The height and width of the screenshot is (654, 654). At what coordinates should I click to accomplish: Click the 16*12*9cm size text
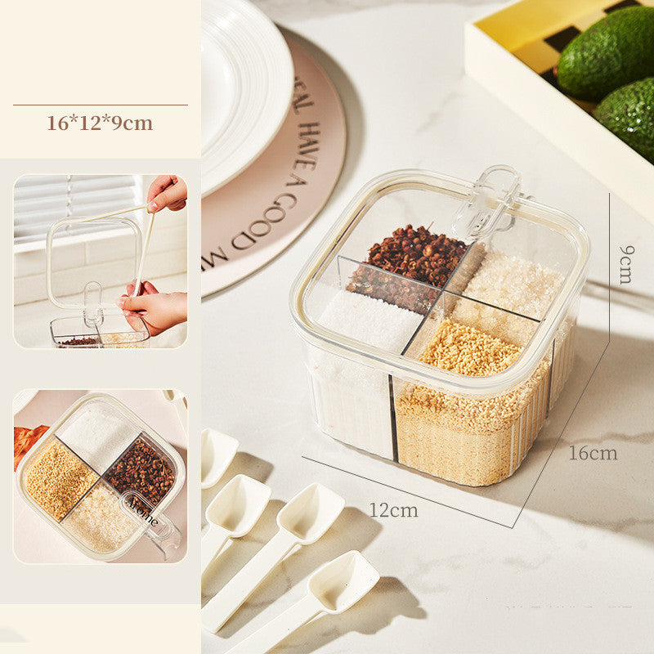100,123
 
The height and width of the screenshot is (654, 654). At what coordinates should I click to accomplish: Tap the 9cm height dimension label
625,263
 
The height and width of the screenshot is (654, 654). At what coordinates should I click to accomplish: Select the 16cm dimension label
593,454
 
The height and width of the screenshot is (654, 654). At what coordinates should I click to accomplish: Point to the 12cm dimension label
393,511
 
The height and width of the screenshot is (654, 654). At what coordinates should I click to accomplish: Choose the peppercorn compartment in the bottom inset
141,470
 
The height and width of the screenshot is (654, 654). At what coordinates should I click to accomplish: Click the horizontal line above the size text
100,105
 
